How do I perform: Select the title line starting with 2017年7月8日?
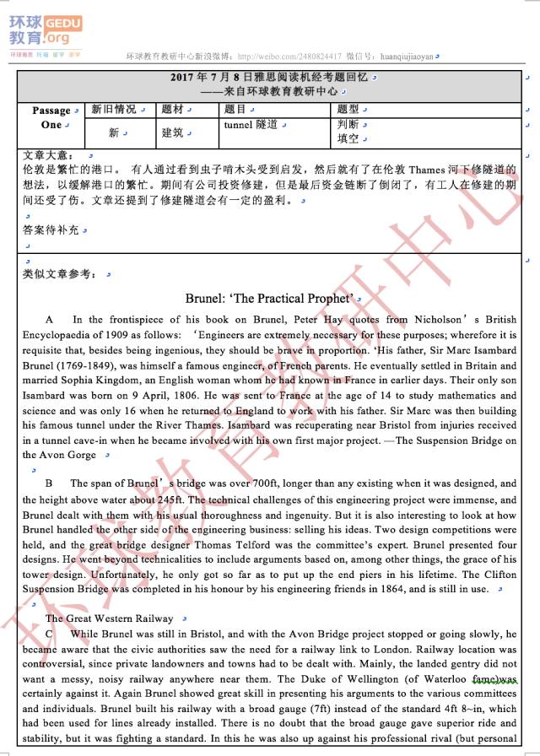[270, 78]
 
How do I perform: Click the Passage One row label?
[51, 117]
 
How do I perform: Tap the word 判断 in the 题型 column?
[348, 124]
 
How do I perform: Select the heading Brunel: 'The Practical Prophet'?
[269, 299]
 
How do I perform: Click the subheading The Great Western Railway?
[110, 618]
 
